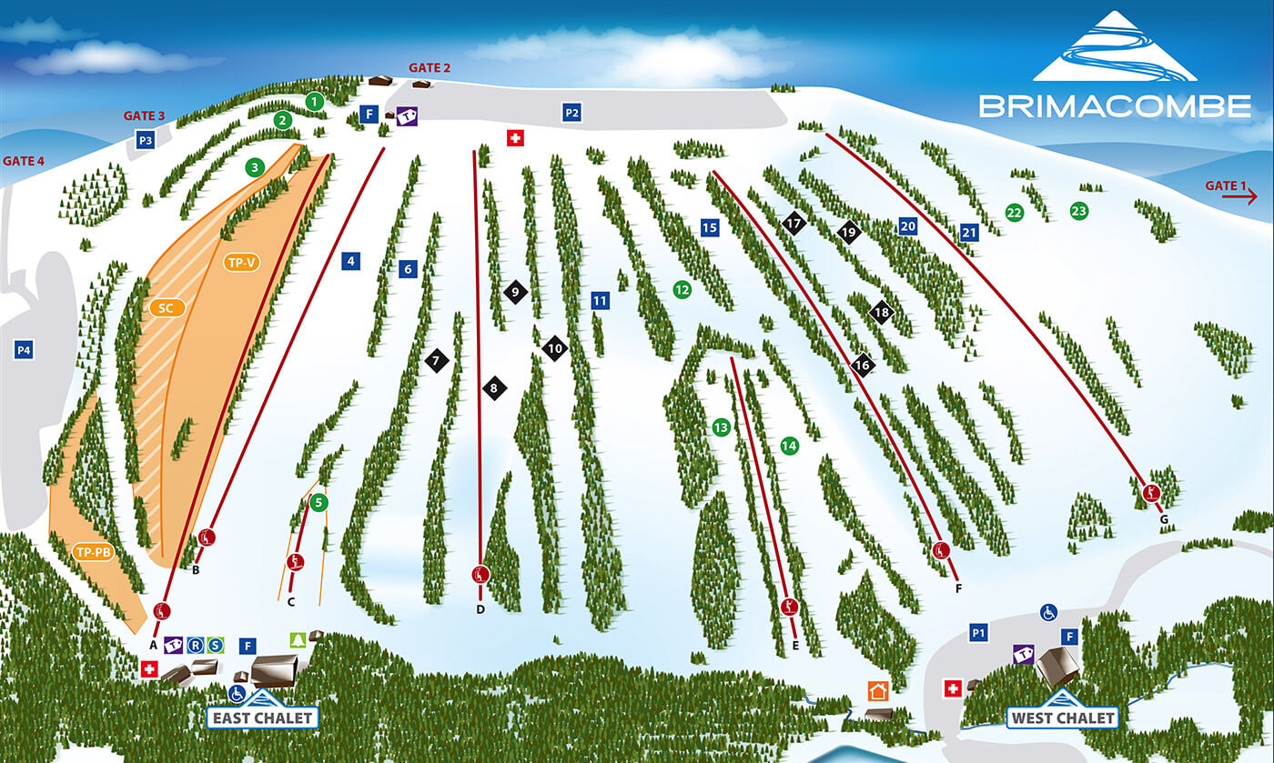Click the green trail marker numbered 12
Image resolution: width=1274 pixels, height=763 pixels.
click(682, 289)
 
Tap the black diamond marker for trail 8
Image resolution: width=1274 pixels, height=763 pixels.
click(494, 388)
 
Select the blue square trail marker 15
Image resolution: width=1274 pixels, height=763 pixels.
click(711, 228)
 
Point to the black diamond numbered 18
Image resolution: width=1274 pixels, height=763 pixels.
click(881, 312)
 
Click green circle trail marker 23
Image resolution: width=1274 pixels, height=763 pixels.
click(1079, 211)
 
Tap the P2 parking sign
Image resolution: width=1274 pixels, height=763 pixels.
click(571, 113)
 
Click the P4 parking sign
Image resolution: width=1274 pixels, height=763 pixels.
click(24, 350)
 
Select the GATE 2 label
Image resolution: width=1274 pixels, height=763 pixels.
click(430, 67)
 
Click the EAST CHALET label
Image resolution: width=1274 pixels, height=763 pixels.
click(263, 718)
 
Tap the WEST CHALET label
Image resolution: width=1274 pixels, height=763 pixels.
click(1061, 718)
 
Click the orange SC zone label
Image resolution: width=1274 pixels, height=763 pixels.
click(167, 308)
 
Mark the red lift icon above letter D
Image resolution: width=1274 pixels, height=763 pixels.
click(480, 574)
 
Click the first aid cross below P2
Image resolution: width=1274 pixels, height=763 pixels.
click(516, 137)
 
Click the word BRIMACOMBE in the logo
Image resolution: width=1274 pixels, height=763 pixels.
click(1115, 105)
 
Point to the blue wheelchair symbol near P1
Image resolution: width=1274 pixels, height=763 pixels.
click(1048, 612)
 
